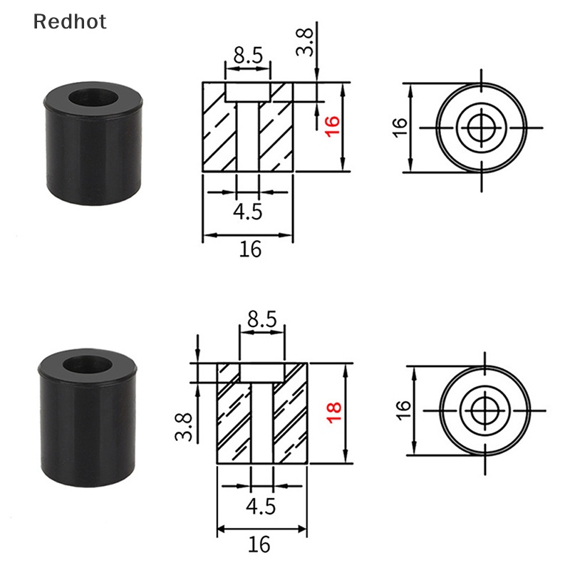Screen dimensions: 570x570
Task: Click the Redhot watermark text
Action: click(70, 21)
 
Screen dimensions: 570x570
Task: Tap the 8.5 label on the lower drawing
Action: click(261, 320)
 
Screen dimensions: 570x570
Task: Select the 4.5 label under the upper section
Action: click(247, 211)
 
